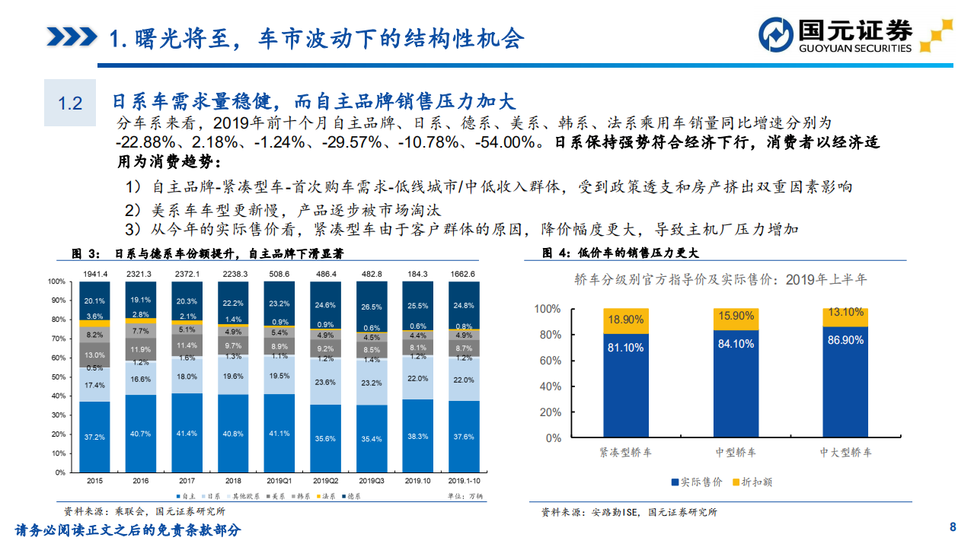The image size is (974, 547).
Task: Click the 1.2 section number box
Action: [x=70, y=103]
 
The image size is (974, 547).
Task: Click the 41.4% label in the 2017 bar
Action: [x=187, y=433]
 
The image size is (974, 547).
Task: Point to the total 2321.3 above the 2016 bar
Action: [x=141, y=274]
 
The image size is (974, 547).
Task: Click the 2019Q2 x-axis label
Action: [x=326, y=481]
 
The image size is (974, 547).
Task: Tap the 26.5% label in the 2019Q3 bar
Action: [x=372, y=307]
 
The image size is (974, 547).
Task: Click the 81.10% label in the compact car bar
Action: [x=625, y=348]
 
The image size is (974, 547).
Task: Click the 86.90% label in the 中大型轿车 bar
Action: [x=845, y=340]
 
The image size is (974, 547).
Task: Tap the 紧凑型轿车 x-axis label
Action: [x=625, y=452]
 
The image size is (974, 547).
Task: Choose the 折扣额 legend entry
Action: [x=752, y=482]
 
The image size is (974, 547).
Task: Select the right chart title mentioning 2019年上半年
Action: [x=720, y=279]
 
